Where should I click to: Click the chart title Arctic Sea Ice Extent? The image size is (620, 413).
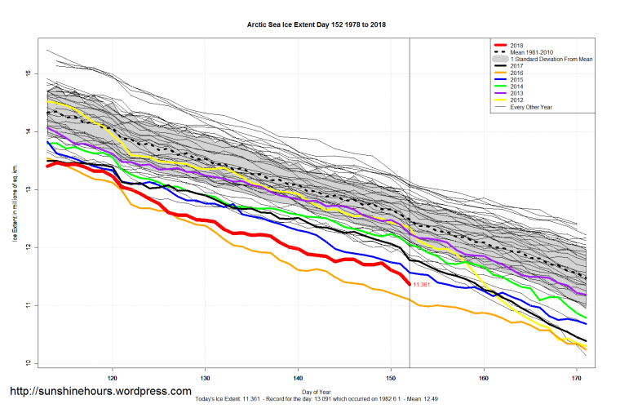[317, 25]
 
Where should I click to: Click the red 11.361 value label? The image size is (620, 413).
[423, 285]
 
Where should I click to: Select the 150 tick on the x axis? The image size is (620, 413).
[391, 379]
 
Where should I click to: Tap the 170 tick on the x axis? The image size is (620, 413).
[577, 379]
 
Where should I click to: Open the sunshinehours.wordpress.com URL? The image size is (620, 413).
[100, 393]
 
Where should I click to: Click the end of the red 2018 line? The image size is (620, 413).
[409, 284]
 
